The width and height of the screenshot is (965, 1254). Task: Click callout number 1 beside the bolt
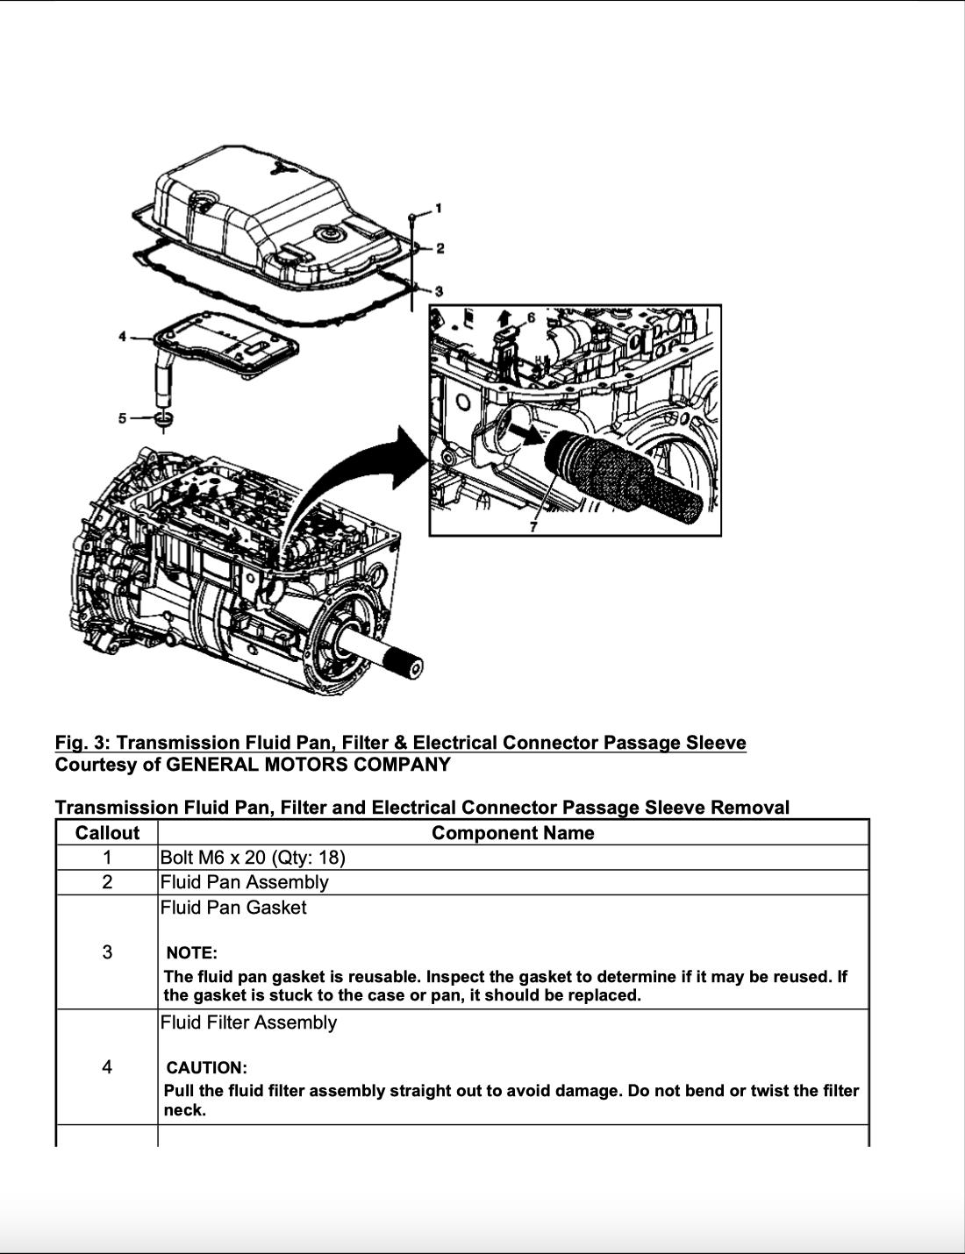pyautogui.click(x=439, y=208)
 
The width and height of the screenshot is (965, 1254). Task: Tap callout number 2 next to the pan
pyautogui.click(x=440, y=248)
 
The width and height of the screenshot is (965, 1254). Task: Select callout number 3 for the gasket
pyautogui.click(x=440, y=290)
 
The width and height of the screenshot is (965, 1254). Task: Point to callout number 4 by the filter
pyautogui.click(x=124, y=337)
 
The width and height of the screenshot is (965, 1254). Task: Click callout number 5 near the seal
pyautogui.click(x=124, y=418)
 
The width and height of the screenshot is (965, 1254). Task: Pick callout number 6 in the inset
pyautogui.click(x=531, y=317)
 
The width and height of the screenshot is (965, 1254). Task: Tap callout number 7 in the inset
pyautogui.click(x=533, y=525)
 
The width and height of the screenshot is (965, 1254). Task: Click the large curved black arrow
pyautogui.click(x=351, y=482)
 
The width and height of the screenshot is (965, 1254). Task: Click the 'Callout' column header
pyautogui.click(x=107, y=833)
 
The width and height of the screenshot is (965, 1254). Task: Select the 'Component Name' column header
pyautogui.click(x=512, y=833)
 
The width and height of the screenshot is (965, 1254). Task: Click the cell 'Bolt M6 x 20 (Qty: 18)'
pyautogui.click(x=253, y=858)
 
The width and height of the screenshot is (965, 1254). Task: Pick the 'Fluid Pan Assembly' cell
pyautogui.click(x=244, y=882)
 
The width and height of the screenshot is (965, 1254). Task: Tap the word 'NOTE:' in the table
pyautogui.click(x=191, y=953)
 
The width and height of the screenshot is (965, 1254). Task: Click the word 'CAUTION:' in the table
pyautogui.click(x=206, y=1068)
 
